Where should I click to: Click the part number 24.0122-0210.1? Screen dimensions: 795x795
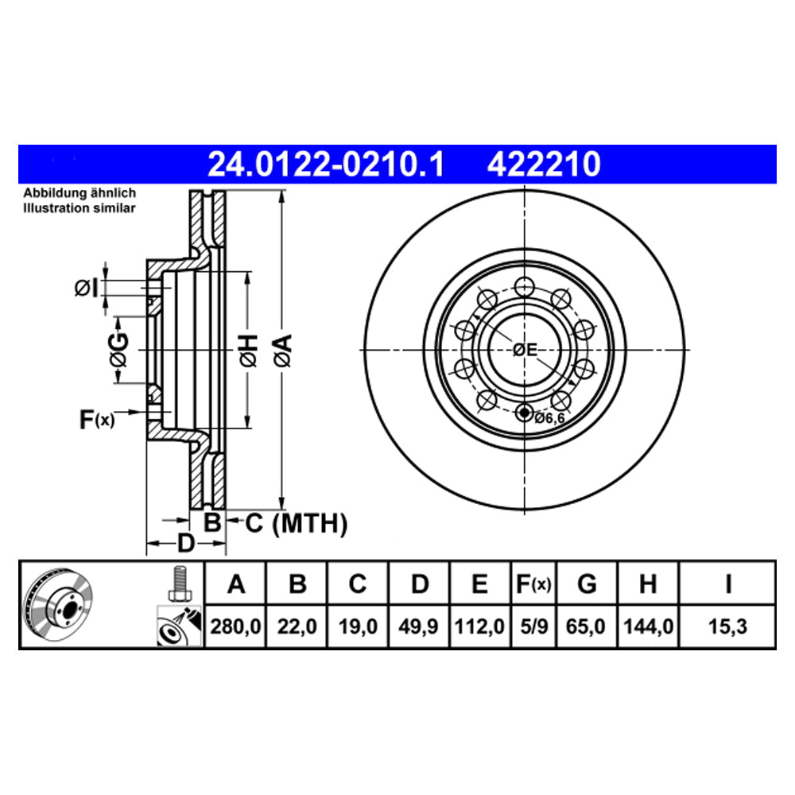tap(325, 165)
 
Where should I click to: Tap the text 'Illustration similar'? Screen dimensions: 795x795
tap(79, 207)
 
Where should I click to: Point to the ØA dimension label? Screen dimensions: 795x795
tap(283, 351)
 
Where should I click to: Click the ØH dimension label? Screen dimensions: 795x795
tap(249, 351)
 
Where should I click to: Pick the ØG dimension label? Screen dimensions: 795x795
tap(118, 350)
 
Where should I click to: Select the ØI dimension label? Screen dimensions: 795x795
tap(88, 288)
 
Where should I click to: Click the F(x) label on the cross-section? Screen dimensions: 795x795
tap(97, 419)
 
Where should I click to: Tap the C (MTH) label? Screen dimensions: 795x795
tap(296, 523)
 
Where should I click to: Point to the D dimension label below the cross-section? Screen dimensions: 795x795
tap(184, 544)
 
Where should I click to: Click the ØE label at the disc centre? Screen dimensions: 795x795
tap(525, 349)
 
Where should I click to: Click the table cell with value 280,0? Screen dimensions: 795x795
tap(235, 626)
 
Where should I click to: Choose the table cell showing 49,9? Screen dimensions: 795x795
tap(419, 626)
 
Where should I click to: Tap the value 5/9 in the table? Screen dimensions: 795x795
tap(533, 626)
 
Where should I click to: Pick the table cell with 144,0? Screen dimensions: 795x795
tap(648, 626)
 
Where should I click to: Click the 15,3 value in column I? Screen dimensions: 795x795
tap(727, 626)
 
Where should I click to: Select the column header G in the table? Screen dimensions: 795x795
tap(587, 585)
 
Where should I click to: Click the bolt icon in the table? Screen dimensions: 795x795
tap(178, 584)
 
